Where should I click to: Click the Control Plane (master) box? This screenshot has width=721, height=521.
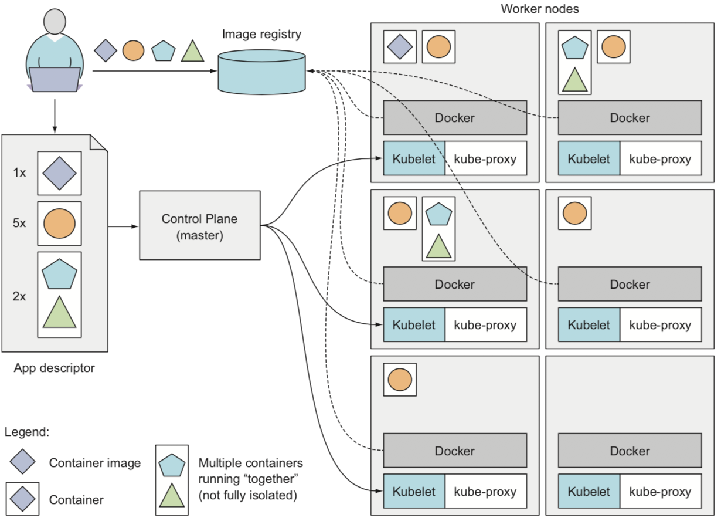click(200, 225)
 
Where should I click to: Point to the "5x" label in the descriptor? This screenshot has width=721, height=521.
click(19, 224)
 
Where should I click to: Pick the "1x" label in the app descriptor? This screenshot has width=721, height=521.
click(19, 173)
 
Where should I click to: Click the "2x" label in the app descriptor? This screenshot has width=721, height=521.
click(19, 296)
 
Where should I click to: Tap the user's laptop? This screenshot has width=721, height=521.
click(55, 80)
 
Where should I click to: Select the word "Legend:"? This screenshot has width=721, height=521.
click(26, 432)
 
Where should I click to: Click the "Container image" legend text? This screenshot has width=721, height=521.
click(95, 463)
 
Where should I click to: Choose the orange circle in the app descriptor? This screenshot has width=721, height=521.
click(59, 224)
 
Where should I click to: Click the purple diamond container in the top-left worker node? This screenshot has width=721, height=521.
click(400, 46)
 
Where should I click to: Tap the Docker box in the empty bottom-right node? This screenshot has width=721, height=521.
click(630, 451)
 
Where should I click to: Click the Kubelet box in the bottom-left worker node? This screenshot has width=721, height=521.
click(414, 492)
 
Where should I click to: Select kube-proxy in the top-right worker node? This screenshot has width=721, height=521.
click(660, 158)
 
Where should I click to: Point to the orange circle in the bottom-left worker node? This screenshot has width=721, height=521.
click(400, 380)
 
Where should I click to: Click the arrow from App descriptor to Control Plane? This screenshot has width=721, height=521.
click(123, 225)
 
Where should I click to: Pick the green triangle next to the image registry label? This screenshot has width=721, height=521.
click(192, 51)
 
